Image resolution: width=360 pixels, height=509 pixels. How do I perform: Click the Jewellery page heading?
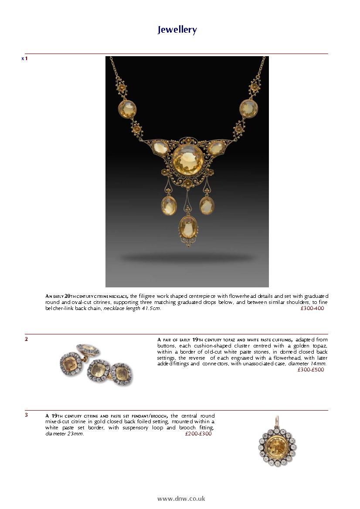[x=177, y=30]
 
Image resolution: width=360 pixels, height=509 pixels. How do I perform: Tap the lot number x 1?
[x=24, y=58]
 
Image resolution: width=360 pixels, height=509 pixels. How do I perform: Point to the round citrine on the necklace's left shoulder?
[x=127, y=108]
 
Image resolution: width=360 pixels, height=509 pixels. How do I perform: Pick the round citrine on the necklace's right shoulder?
[x=248, y=108]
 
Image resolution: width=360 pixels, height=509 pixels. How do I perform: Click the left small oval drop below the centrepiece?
[x=169, y=206]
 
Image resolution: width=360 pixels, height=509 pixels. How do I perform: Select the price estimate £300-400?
[x=312, y=308]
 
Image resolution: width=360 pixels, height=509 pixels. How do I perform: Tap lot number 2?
[x=26, y=339]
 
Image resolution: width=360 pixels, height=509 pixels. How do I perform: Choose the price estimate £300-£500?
[x=311, y=370]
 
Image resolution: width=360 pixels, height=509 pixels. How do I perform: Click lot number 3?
[x=26, y=415]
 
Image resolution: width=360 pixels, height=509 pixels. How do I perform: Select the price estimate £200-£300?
[x=198, y=434]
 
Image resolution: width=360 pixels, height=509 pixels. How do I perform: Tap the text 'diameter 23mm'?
[x=65, y=434]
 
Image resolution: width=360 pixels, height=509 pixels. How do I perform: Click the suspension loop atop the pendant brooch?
[x=277, y=420]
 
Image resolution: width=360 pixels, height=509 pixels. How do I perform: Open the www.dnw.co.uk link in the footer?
[x=181, y=499]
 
